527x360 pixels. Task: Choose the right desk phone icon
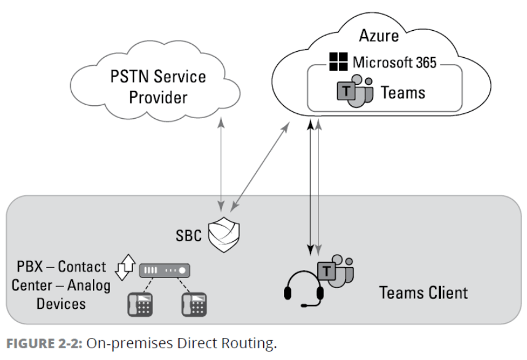(x=197, y=303)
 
